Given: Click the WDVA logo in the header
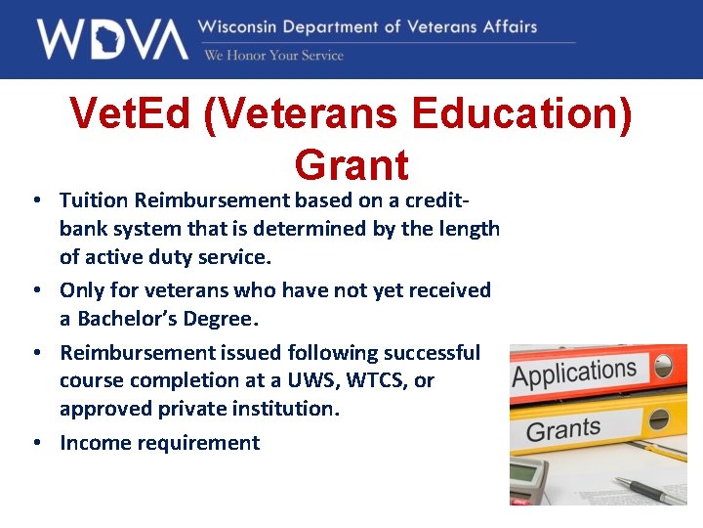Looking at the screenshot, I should (x=111, y=39).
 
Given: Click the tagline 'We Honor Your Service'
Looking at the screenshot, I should (x=273, y=56).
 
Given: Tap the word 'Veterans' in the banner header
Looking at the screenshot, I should (x=442, y=26).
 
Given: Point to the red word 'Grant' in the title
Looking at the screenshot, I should (x=351, y=163).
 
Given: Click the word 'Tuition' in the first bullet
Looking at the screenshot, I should (x=95, y=200).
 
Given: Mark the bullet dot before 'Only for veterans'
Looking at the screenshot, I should (x=35, y=290).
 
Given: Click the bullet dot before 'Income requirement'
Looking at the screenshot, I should (x=35, y=443).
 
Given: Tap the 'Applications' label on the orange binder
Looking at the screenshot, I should (x=575, y=374).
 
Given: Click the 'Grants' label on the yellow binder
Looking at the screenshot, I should (x=563, y=429).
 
